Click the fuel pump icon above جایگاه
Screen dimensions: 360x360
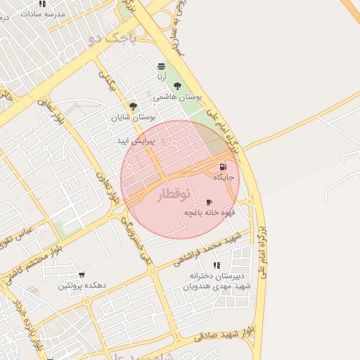click(223, 167)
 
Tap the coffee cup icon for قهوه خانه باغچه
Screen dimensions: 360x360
click(208, 202)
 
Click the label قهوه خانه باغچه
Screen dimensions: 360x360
click(209, 212)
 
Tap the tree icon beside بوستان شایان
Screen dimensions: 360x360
click(133, 107)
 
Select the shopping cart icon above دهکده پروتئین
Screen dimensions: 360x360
click(82, 275)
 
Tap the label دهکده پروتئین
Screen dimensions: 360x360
click(82, 285)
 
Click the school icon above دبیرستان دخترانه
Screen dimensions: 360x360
click(217, 265)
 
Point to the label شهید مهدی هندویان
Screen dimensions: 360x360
click(217, 286)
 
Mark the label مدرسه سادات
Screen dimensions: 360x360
click(43, 14)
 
